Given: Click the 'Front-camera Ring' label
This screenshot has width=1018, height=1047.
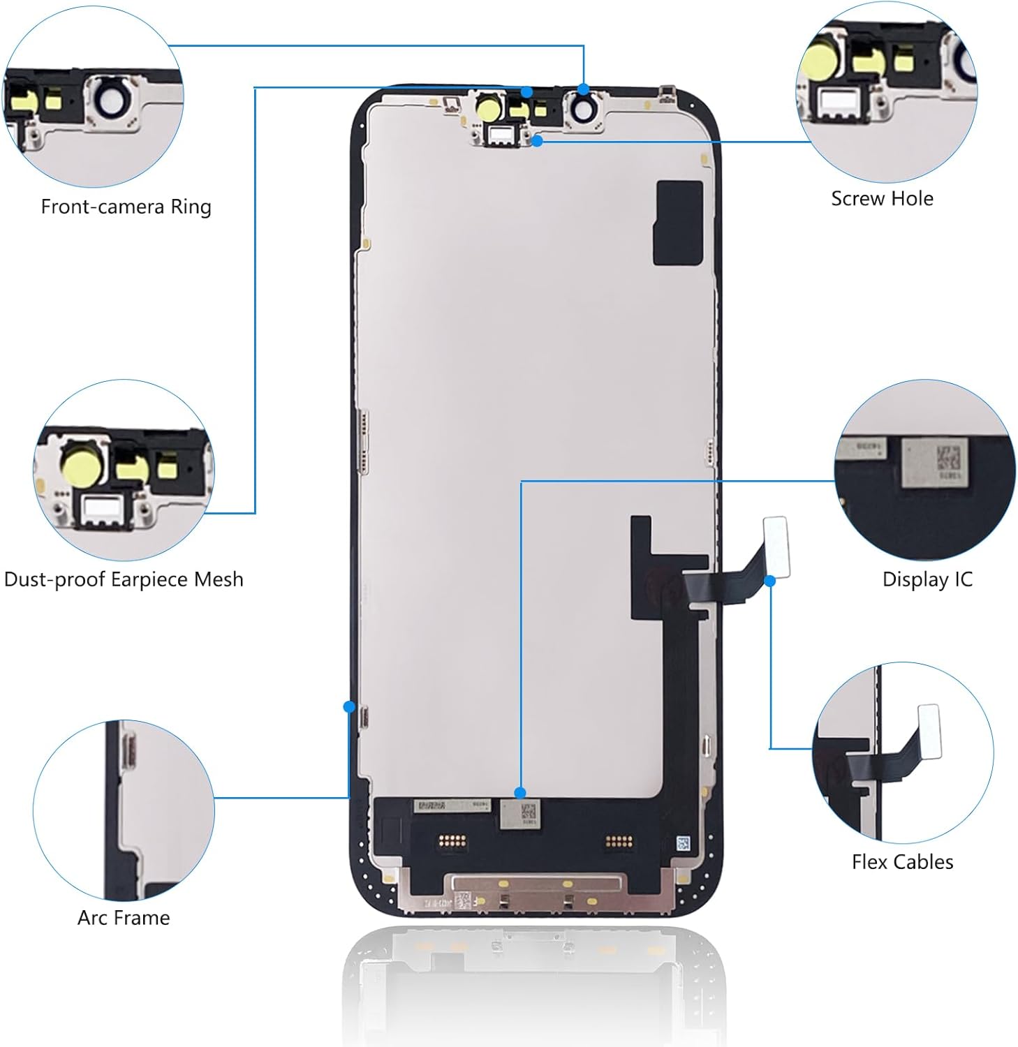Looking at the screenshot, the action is (x=126, y=207).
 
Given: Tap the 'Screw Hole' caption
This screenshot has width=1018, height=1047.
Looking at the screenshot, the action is (x=882, y=199).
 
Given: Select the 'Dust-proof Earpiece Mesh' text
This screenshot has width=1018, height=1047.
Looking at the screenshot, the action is (x=124, y=579).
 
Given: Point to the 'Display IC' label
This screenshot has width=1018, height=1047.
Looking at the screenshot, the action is (x=927, y=579).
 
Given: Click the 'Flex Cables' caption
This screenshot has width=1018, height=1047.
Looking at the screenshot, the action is (x=902, y=862).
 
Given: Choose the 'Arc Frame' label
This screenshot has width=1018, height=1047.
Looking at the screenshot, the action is (x=124, y=918).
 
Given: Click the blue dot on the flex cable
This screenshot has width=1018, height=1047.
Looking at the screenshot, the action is (x=770, y=581).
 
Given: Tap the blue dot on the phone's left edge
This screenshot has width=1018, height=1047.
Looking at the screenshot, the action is (x=349, y=706).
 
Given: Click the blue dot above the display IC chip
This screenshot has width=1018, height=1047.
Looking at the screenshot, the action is (x=519, y=792).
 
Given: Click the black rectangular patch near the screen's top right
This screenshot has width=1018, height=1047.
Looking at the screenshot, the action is (x=677, y=223).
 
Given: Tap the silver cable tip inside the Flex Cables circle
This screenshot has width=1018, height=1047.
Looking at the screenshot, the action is (x=929, y=729).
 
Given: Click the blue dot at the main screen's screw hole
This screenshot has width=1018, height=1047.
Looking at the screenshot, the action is (x=537, y=141).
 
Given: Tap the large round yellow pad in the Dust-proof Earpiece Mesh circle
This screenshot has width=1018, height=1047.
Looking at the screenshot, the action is (x=82, y=463).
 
